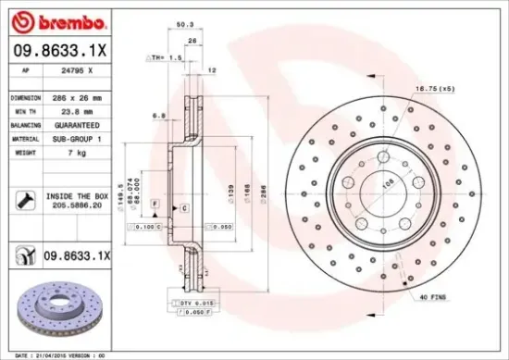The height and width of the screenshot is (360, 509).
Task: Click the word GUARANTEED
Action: click(x=77, y=123)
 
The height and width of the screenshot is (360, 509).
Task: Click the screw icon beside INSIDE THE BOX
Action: click(x=21, y=199)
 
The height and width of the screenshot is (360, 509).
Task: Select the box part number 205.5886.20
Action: click(x=78, y=209)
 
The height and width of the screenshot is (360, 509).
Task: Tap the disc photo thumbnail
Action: click(x=56, y=307)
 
